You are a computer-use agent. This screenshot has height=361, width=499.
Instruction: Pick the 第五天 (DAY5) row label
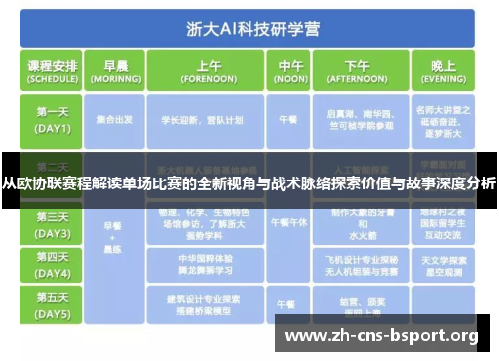coord(52,303)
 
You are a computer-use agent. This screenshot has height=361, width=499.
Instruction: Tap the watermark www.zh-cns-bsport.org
coord(382,335)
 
